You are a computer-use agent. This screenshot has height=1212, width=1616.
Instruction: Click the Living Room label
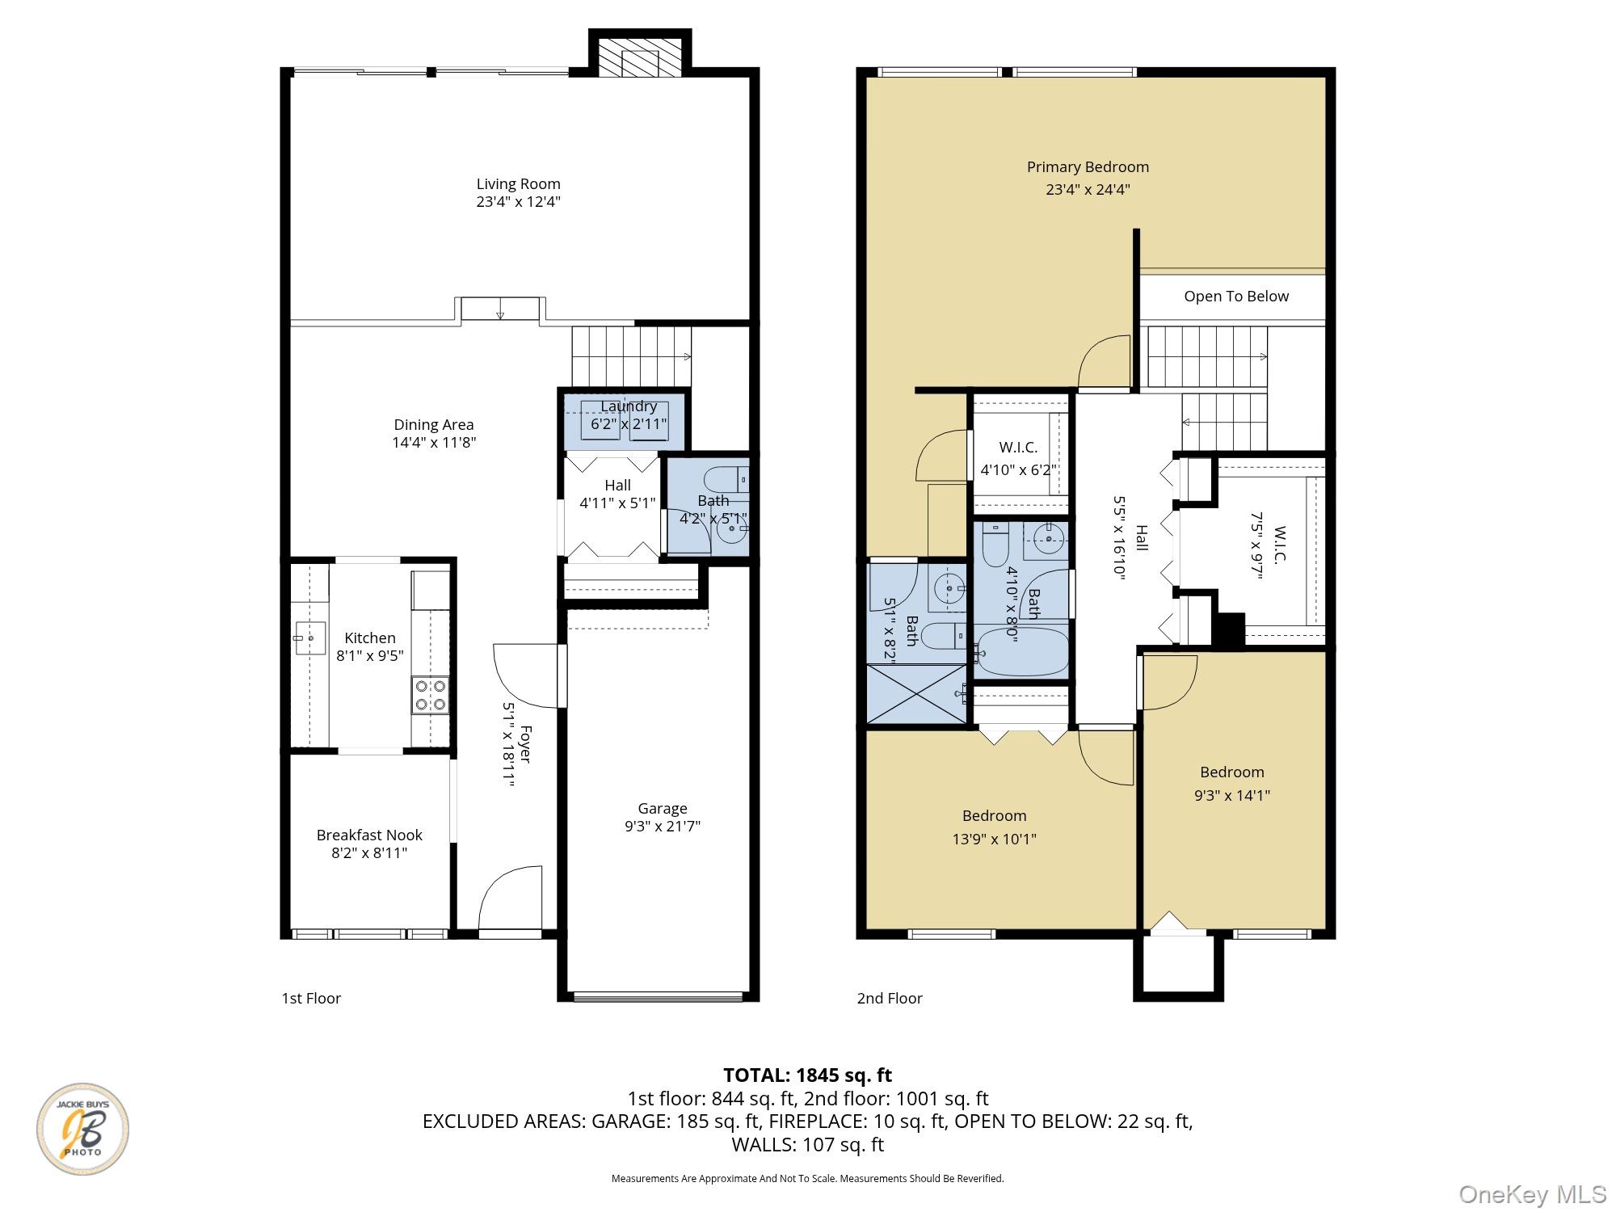[518, 184]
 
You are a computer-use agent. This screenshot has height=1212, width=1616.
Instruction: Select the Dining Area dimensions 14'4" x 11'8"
[434, 443]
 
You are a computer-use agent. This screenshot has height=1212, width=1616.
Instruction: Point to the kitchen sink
[309, 638]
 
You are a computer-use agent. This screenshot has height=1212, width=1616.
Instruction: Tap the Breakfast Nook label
[369, 835]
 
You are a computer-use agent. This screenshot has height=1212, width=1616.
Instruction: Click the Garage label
[663, 809]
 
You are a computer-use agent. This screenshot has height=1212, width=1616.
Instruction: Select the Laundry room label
[629, 406]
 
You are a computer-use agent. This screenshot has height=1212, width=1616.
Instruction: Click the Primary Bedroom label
[1088, 167]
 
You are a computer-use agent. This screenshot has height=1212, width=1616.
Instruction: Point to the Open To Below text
[1236, 297]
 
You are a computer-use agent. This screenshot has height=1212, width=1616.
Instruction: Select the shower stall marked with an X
[916, 694]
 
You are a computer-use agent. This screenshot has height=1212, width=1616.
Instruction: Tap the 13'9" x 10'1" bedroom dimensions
[994, 839]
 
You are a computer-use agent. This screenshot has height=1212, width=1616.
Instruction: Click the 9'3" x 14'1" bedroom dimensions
[1232, 795]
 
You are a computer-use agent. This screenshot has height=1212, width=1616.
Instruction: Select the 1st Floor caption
[311, 999]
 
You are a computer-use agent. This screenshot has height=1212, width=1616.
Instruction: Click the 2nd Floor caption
[890, 999]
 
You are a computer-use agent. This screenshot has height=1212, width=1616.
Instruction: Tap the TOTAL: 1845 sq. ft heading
[807, 1075]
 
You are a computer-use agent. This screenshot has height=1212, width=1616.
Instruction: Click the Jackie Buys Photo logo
[82, 1129]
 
